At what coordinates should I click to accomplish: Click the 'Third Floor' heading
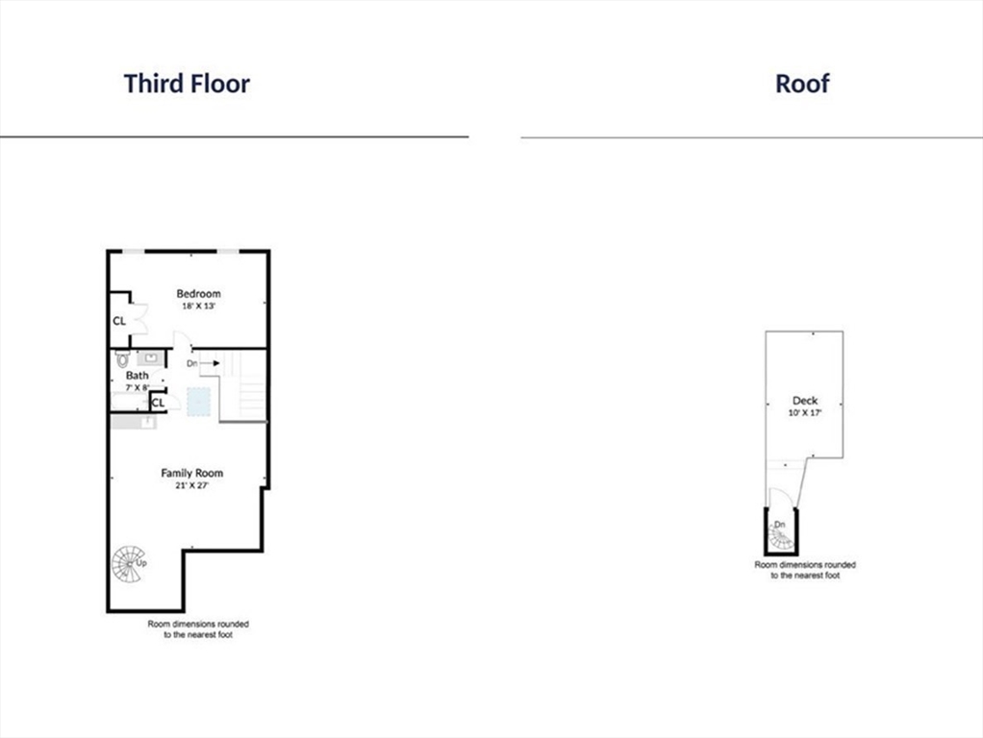click(187, 84)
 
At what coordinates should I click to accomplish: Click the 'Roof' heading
click(802, 84)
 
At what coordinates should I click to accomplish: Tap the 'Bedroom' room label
click(198, 293)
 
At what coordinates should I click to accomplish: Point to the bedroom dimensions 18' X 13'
click(198, 306)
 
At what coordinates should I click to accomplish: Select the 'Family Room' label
click(191, 473)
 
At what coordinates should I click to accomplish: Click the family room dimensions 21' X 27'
click(191, 485)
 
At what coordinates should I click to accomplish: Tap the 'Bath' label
click(137, 376)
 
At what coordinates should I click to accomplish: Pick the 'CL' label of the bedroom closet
click(119, 321)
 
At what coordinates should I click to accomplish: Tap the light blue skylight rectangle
click(199, 402)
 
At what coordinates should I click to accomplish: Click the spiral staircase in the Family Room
click(127, 563)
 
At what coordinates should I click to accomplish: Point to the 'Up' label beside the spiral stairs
click(141, 562)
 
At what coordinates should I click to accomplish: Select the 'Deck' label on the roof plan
click(804, 401)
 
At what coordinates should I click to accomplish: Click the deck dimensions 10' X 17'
click(804, 412)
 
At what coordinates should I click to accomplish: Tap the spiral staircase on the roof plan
click(781, 537)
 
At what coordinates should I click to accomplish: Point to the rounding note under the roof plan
click(804, 570)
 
